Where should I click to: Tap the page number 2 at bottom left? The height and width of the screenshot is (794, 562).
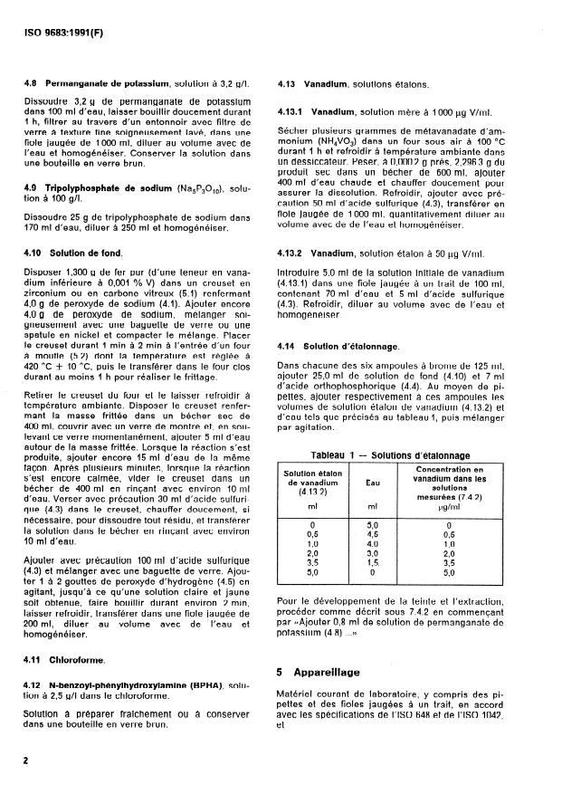(x=26, y=761)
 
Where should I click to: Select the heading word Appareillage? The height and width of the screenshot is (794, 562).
(x=327, y=673)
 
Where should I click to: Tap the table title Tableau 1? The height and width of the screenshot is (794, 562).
(x=334, y=455)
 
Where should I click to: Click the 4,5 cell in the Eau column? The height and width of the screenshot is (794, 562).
(x=371, y=534)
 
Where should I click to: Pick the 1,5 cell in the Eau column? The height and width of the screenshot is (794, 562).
(x=371, y=563)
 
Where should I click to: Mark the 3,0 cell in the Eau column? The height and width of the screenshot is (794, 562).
(x=371, y=553)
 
